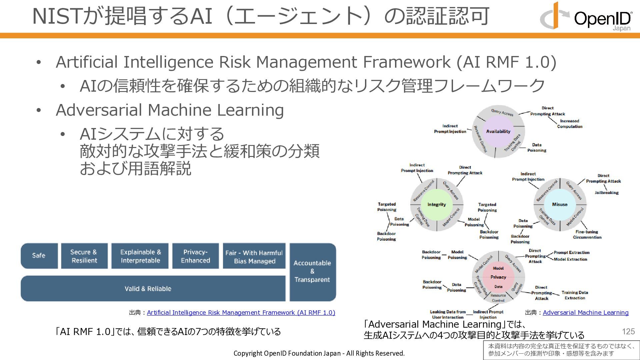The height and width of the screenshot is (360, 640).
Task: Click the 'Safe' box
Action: [x=39, y=256]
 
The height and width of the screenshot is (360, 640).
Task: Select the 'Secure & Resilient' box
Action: [x=84, y=256]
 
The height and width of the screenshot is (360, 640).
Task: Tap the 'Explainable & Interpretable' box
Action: [x=140, y=256]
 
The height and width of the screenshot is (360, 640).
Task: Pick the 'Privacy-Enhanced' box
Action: [x=195, y=256]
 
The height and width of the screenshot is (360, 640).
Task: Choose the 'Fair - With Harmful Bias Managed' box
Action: [x=254, y=257]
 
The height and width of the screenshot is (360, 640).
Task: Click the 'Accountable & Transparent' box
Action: [x=312, y=271]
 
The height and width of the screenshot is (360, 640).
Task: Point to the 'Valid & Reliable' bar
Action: [x=148, y=289]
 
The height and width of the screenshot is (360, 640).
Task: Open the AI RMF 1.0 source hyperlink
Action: [x=241, y=313]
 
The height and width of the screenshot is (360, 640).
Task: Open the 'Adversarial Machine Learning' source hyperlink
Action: [x=585, y=313]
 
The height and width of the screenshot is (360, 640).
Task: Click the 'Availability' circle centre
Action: [x=498, y=131]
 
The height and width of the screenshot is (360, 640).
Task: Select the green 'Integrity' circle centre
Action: [x=436, y=205]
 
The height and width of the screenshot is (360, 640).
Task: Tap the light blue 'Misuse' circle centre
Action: [x=559, y=205]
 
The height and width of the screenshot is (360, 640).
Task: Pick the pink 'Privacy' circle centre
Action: [x=498, y=277]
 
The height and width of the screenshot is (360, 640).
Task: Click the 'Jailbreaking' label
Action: [x=606, y=193]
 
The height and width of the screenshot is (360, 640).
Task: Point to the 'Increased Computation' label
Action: [x=569, y=124]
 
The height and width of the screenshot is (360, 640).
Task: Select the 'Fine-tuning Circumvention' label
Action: [x=587, y=234]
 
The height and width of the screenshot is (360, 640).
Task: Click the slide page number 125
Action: [x=628, y=331]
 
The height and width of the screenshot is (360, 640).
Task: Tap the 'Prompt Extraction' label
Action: [x=571, y=253]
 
